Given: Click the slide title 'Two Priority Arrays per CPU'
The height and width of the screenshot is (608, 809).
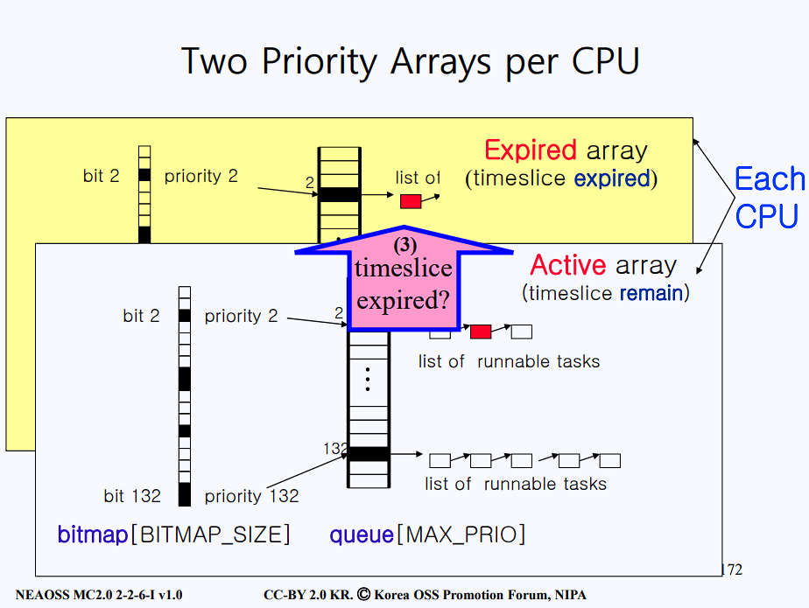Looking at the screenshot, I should point(410,61).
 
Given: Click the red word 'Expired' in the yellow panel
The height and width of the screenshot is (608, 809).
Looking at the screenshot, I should point(530,150).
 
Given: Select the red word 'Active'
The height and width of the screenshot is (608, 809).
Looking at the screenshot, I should point(568,265).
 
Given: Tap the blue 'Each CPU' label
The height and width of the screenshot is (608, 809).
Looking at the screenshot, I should point(768,197).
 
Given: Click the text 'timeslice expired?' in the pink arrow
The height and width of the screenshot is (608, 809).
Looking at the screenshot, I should point(403,283).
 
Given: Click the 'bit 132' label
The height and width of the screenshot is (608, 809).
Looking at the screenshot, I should point(132,496).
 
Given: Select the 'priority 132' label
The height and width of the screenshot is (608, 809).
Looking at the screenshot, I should point(251,496).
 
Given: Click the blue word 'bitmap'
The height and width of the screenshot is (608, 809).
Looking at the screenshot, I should point(93,535).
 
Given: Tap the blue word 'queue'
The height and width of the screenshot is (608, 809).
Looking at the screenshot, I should point(362,535).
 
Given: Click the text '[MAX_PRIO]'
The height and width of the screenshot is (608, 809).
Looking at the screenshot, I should point(461,535).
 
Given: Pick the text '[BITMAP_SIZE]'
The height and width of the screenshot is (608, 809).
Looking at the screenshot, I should point(209,535).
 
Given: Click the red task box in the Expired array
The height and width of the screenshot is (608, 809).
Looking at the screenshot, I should point(411,201).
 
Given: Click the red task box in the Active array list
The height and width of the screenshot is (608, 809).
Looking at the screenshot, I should point(480,332).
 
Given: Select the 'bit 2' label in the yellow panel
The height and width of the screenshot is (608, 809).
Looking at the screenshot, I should point(101,176).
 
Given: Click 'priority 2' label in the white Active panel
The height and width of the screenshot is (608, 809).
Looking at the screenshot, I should point(241,316).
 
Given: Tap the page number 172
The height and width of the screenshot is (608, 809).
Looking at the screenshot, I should point(730,570).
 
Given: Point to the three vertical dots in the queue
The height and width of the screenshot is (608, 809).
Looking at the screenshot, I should point(368,379).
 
